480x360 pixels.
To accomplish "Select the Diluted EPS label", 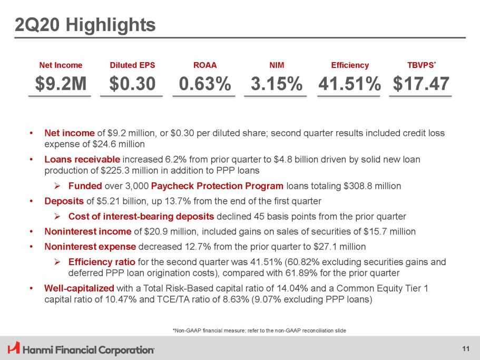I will [132, 65].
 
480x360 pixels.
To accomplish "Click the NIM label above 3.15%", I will [277, 65].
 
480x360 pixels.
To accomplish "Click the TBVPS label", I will [418, 65].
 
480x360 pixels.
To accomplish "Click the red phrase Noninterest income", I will [88, 231].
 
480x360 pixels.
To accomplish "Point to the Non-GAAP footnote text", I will [259, 330].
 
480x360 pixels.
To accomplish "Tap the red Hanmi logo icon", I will [14, 348].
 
